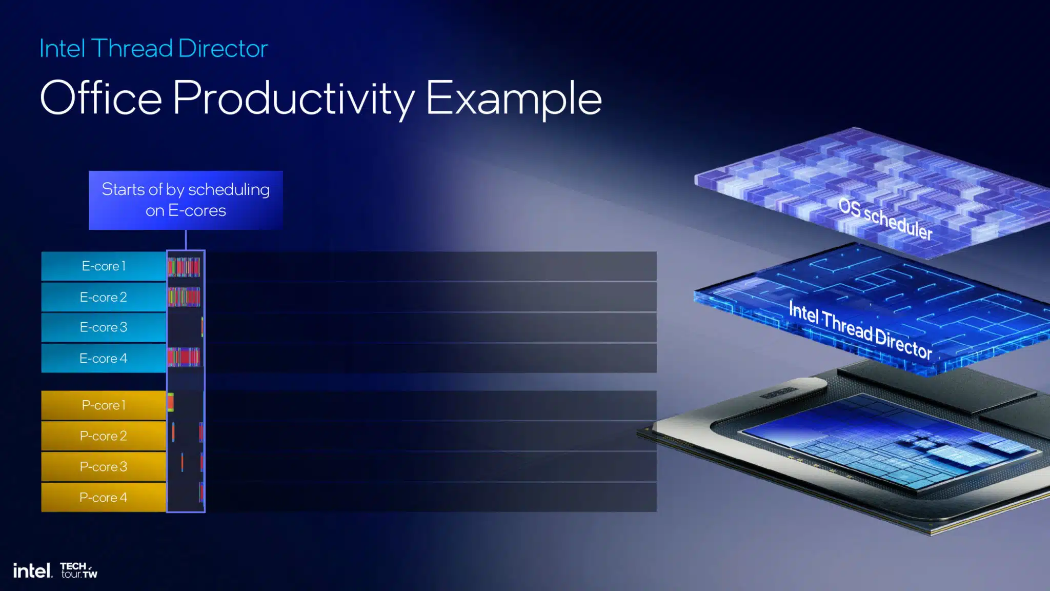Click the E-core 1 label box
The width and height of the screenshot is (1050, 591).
104,266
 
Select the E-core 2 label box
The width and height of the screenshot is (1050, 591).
104,297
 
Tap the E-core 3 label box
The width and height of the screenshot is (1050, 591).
104,327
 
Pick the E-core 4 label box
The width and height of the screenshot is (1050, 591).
104,358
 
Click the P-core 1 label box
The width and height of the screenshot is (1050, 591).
104,405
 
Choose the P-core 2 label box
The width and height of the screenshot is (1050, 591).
104,436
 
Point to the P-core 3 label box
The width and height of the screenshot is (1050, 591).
104,467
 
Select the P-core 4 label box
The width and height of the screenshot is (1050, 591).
104,497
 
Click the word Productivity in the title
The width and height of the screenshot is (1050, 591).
294,99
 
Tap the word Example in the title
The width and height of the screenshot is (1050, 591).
514,99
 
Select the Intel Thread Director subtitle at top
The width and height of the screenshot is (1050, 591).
154,49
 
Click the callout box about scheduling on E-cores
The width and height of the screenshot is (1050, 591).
186,200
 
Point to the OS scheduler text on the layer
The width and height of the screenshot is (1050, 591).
885,219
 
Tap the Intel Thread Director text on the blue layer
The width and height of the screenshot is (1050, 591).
860,330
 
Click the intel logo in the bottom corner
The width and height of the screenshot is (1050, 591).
32,570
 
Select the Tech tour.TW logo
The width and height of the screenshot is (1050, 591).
78,570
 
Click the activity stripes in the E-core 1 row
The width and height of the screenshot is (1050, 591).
184,267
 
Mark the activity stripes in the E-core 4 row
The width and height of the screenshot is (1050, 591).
184,357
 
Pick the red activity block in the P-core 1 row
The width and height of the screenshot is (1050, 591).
171,403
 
